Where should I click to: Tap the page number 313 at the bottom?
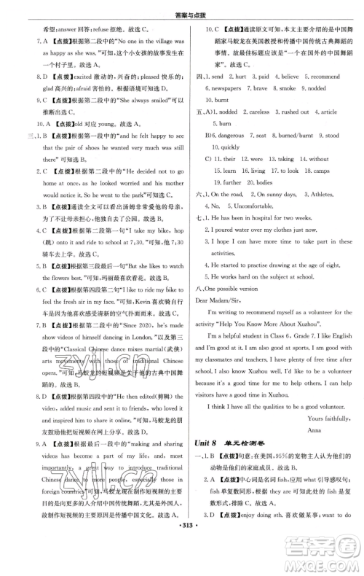[182, 568]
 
